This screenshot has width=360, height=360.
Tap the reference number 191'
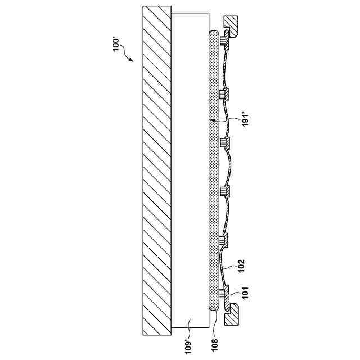pos(246,119)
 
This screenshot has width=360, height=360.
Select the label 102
pos(241,265)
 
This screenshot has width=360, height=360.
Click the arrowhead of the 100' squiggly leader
pos(130,60)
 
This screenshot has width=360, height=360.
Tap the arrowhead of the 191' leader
pos(213,120)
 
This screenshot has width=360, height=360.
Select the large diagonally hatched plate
pos(157,170)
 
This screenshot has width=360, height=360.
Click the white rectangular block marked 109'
pos(190,170)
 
